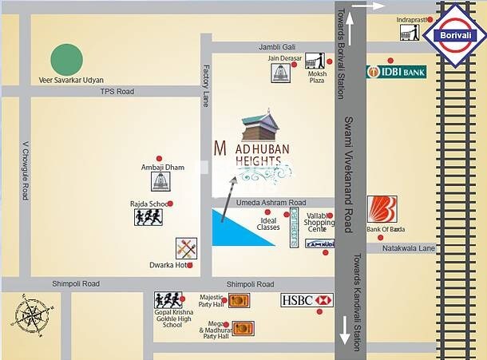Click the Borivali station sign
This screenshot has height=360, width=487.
452,35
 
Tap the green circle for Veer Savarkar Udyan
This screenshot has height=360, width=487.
67,59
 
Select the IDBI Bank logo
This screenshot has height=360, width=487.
396,72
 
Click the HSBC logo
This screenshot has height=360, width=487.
306,300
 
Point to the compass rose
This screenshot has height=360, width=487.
30,315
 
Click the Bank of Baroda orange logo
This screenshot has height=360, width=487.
382,210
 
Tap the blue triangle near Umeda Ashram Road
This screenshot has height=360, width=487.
240,227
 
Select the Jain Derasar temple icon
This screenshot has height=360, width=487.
279,73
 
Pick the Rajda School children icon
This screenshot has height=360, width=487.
148,216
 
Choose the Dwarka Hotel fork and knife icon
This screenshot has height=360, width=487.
186,247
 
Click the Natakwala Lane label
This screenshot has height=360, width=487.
409,249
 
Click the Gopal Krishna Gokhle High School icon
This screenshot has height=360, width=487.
168,300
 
